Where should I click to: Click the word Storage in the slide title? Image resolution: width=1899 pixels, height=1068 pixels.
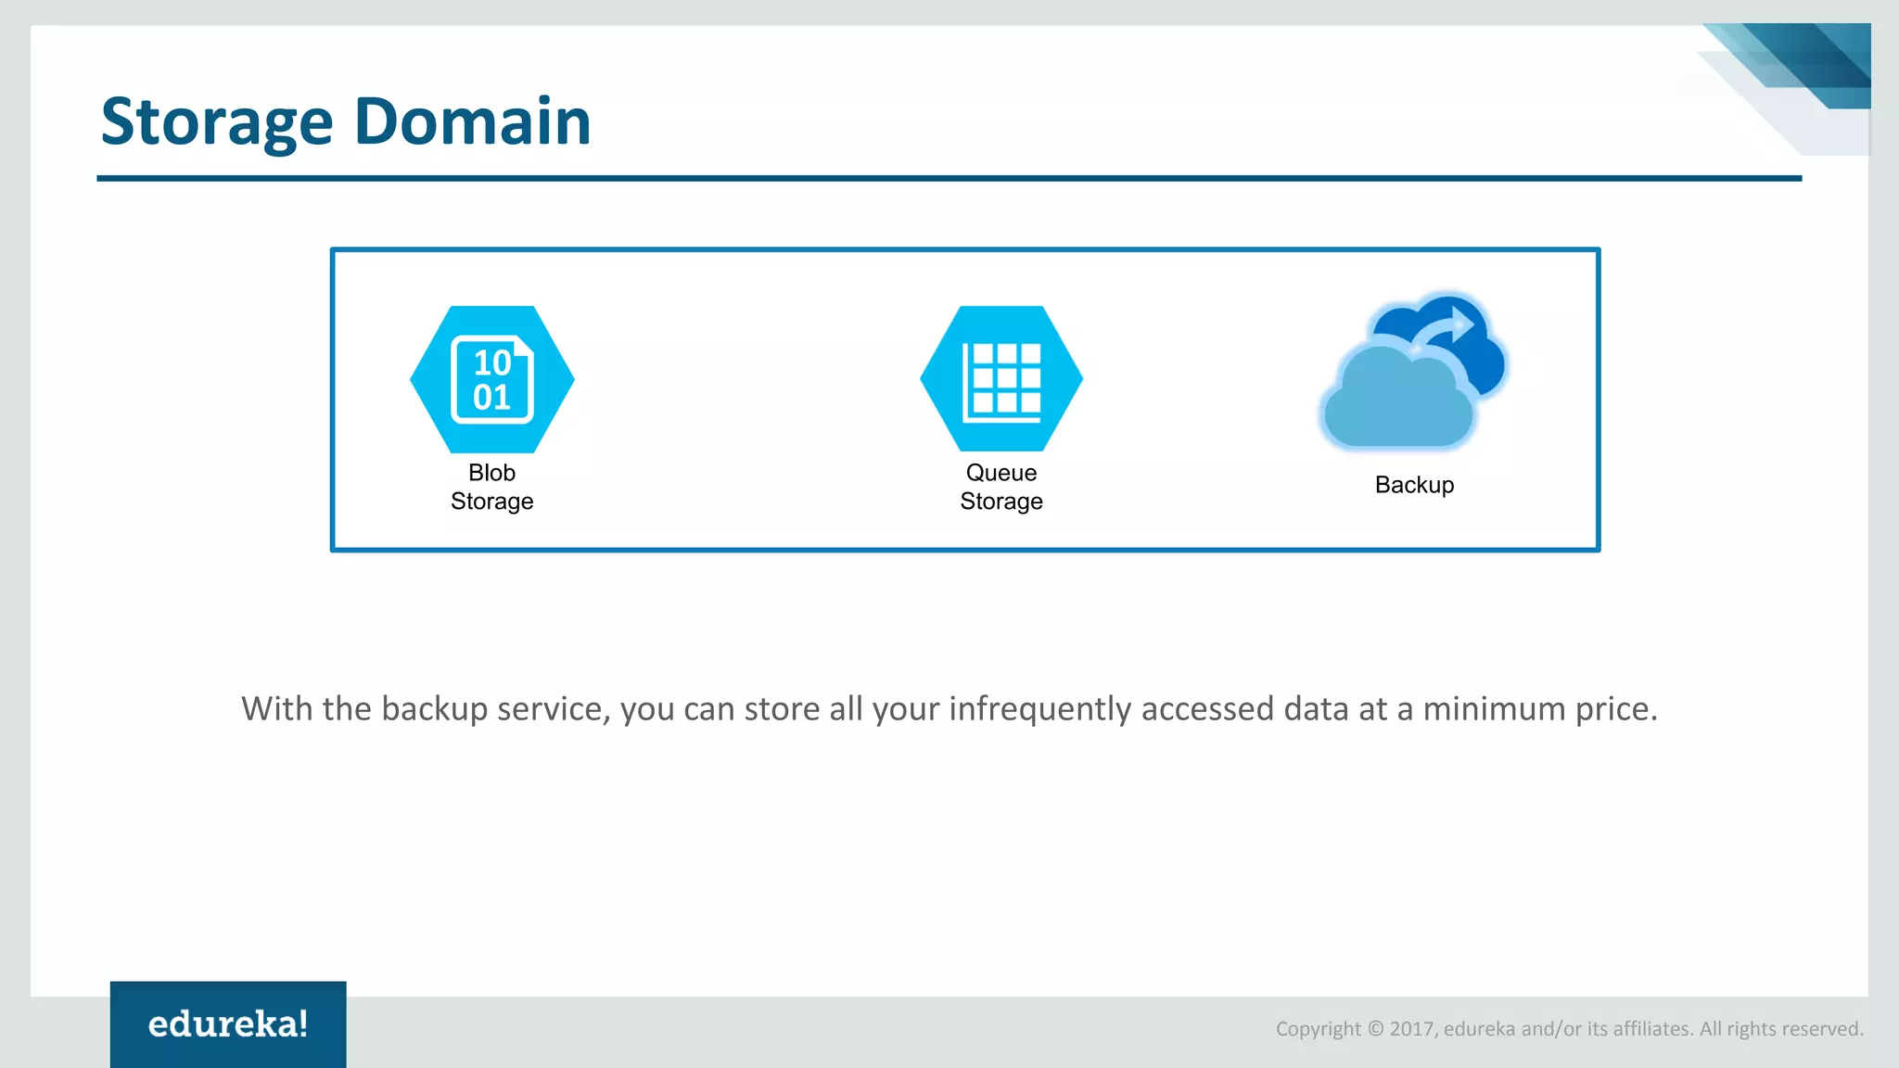(x=216, y=122)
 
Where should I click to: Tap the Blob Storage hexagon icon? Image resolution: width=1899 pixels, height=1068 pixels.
(x=492, y=379)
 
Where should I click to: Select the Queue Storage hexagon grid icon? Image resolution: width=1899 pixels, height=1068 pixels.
(x=1001, y=379)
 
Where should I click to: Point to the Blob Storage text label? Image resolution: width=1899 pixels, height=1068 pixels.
(x=491, y=487)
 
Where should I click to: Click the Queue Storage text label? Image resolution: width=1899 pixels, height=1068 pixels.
(x=1001, y=487)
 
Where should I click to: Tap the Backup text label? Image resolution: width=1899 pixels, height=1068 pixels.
(x=1414, y=485)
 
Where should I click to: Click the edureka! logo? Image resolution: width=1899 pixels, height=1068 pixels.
(x=228, y=1023)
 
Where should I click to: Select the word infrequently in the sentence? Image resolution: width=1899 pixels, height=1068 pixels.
(x=1039, y=709)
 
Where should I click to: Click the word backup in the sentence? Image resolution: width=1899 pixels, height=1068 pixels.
(x=434, y=709)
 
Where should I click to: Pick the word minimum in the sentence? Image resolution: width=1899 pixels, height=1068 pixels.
(x=1494, y=709)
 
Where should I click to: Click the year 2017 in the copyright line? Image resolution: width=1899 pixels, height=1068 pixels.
(x=1412, y=1029)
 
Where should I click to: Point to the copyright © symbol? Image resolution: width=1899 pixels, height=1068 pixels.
(x=1376, y=1029)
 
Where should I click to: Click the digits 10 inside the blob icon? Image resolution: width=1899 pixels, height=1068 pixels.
(x=492, y=362)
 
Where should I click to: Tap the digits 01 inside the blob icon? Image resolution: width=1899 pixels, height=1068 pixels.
(x=492, y=398)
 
